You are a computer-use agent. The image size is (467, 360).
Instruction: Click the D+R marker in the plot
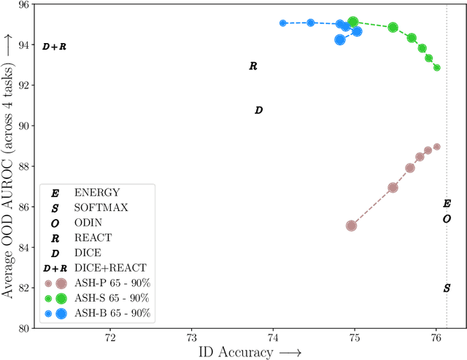(54, 47)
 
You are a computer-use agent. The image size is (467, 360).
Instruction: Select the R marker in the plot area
(253, 66)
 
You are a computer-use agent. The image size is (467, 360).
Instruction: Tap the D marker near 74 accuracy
(258, 110)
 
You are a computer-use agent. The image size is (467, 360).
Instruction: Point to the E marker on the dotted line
(447, 204)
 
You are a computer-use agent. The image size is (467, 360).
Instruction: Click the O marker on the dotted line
(447, 219)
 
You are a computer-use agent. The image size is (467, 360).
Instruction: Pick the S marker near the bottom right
(447, 288)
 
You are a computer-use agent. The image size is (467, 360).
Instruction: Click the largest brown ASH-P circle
(352, 226)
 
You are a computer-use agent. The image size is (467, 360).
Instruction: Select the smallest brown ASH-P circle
(436, 147)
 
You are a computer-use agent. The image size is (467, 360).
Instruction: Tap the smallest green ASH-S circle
(436, 68)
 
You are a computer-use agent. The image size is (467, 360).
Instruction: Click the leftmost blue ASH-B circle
(283, 23)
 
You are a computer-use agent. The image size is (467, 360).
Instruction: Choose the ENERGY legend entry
(96, 193)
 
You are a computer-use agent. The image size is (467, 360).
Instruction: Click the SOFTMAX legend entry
(101, 207)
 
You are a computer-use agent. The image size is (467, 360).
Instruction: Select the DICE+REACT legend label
(110, 268)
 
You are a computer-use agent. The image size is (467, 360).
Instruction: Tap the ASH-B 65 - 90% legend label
(112, 313)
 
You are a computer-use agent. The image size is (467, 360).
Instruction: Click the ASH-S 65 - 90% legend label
(112, 298)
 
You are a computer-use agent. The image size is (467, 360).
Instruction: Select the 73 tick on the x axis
(191, 339)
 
